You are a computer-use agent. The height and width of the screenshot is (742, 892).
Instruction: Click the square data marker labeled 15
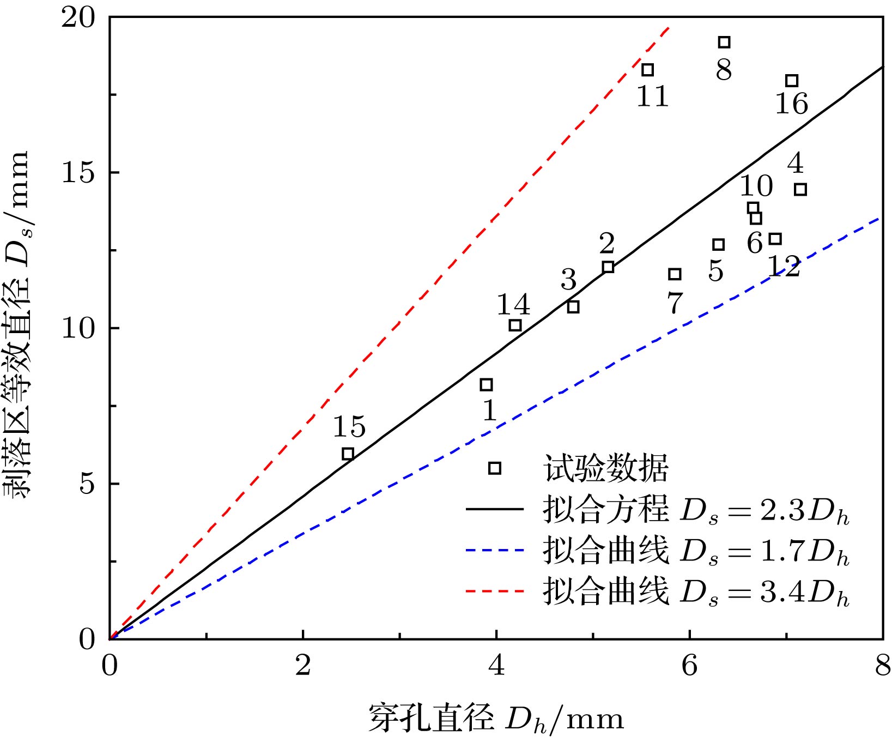pos(348,454)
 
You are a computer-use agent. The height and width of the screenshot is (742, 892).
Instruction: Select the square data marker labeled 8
pos(724,42)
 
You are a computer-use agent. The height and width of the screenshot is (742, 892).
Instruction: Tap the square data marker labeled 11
pos(647,70)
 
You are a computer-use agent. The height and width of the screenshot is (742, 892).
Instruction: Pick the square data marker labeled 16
pos(792,81)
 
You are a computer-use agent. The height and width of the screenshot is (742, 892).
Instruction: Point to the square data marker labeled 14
pos(515,325)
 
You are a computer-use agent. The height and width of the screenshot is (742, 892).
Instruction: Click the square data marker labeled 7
pos(675,274)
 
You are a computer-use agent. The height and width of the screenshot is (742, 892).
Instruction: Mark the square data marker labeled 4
pos(800,190)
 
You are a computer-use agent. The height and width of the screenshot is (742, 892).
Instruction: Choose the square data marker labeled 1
pos(486,385)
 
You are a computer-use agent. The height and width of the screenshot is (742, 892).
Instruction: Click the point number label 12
pos(784,267)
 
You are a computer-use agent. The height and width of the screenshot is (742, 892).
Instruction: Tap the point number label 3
pos(568,280)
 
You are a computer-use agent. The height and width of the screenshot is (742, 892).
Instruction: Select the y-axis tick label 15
pos(78,173)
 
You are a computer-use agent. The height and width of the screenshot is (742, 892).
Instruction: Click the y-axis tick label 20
pos(78,18)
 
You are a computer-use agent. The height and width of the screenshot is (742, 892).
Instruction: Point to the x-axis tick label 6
pos(689,666)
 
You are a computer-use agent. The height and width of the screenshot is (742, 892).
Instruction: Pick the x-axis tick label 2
pos(303,666)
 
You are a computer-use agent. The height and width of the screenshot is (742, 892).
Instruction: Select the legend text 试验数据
pos(605,468)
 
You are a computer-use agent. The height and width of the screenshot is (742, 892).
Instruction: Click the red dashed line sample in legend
pos(494,590)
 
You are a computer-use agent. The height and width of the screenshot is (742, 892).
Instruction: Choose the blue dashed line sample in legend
pos(494,550)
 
